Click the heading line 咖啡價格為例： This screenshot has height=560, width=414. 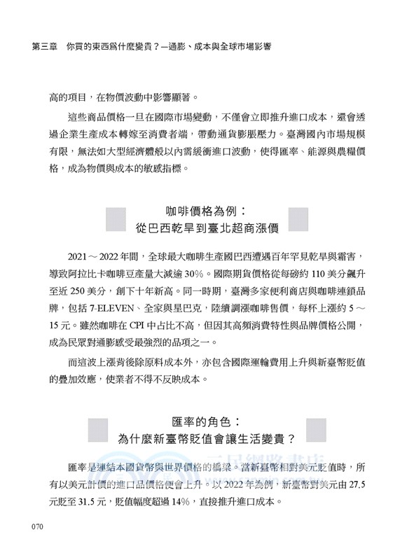[x=207, y=211]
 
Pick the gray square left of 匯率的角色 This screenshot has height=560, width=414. [x=97, y=430]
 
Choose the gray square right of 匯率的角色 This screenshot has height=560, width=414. [x=317, y=430]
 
